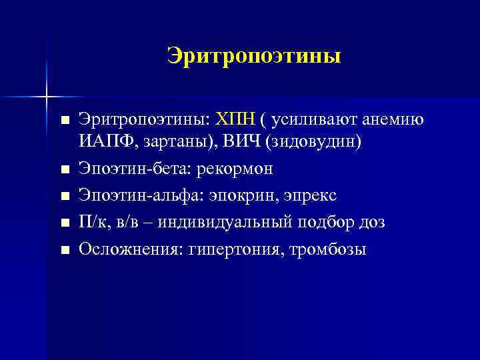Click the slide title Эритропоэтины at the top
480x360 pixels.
click(x=253, y=55)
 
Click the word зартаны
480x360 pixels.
click(x=171, y=143)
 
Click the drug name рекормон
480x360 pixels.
click(x=233, y=169)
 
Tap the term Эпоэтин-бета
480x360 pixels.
click(x=133, y=169)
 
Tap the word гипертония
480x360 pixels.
click(x=233, y=249)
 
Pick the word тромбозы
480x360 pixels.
click(x=328, y=249)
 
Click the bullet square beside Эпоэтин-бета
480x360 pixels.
click(x=64, y=171)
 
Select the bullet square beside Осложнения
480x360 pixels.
click(x=64, y=251)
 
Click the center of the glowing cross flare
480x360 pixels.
click(x=47, y=97)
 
